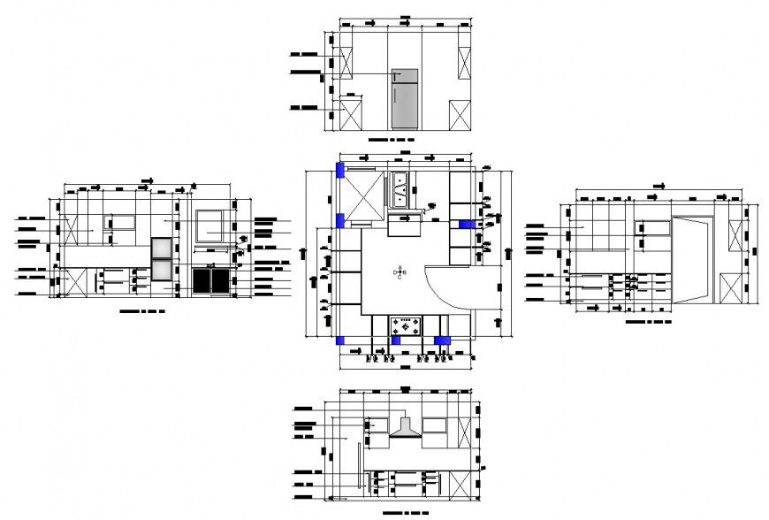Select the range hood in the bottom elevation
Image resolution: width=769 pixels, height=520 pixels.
click(406, 429)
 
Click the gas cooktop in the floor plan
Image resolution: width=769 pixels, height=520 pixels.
click(407, 325)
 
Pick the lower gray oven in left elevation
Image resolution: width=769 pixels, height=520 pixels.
click(162, 271)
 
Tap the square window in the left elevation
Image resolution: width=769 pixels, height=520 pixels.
click(209, 225)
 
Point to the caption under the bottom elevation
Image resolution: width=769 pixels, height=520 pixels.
click(406, 513)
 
